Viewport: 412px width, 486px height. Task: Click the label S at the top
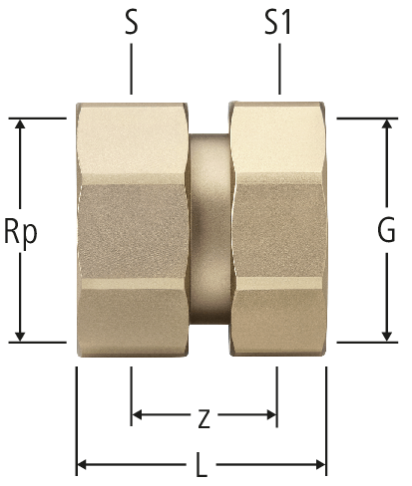coord(132,23)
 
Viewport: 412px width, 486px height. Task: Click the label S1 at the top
coord(277,23)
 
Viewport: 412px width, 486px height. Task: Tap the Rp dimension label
coord(21,230)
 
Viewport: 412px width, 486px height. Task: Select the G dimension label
coord(386,230)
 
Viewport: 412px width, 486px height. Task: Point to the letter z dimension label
coord(204,419)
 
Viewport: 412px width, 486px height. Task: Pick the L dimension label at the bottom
coord(202,465)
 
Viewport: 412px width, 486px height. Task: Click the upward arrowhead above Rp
coord(20,123)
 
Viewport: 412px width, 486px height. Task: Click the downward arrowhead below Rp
coord(20,336)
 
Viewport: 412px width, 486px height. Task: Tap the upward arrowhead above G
coord(386,123)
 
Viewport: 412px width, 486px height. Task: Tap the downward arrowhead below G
coord(386,336)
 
